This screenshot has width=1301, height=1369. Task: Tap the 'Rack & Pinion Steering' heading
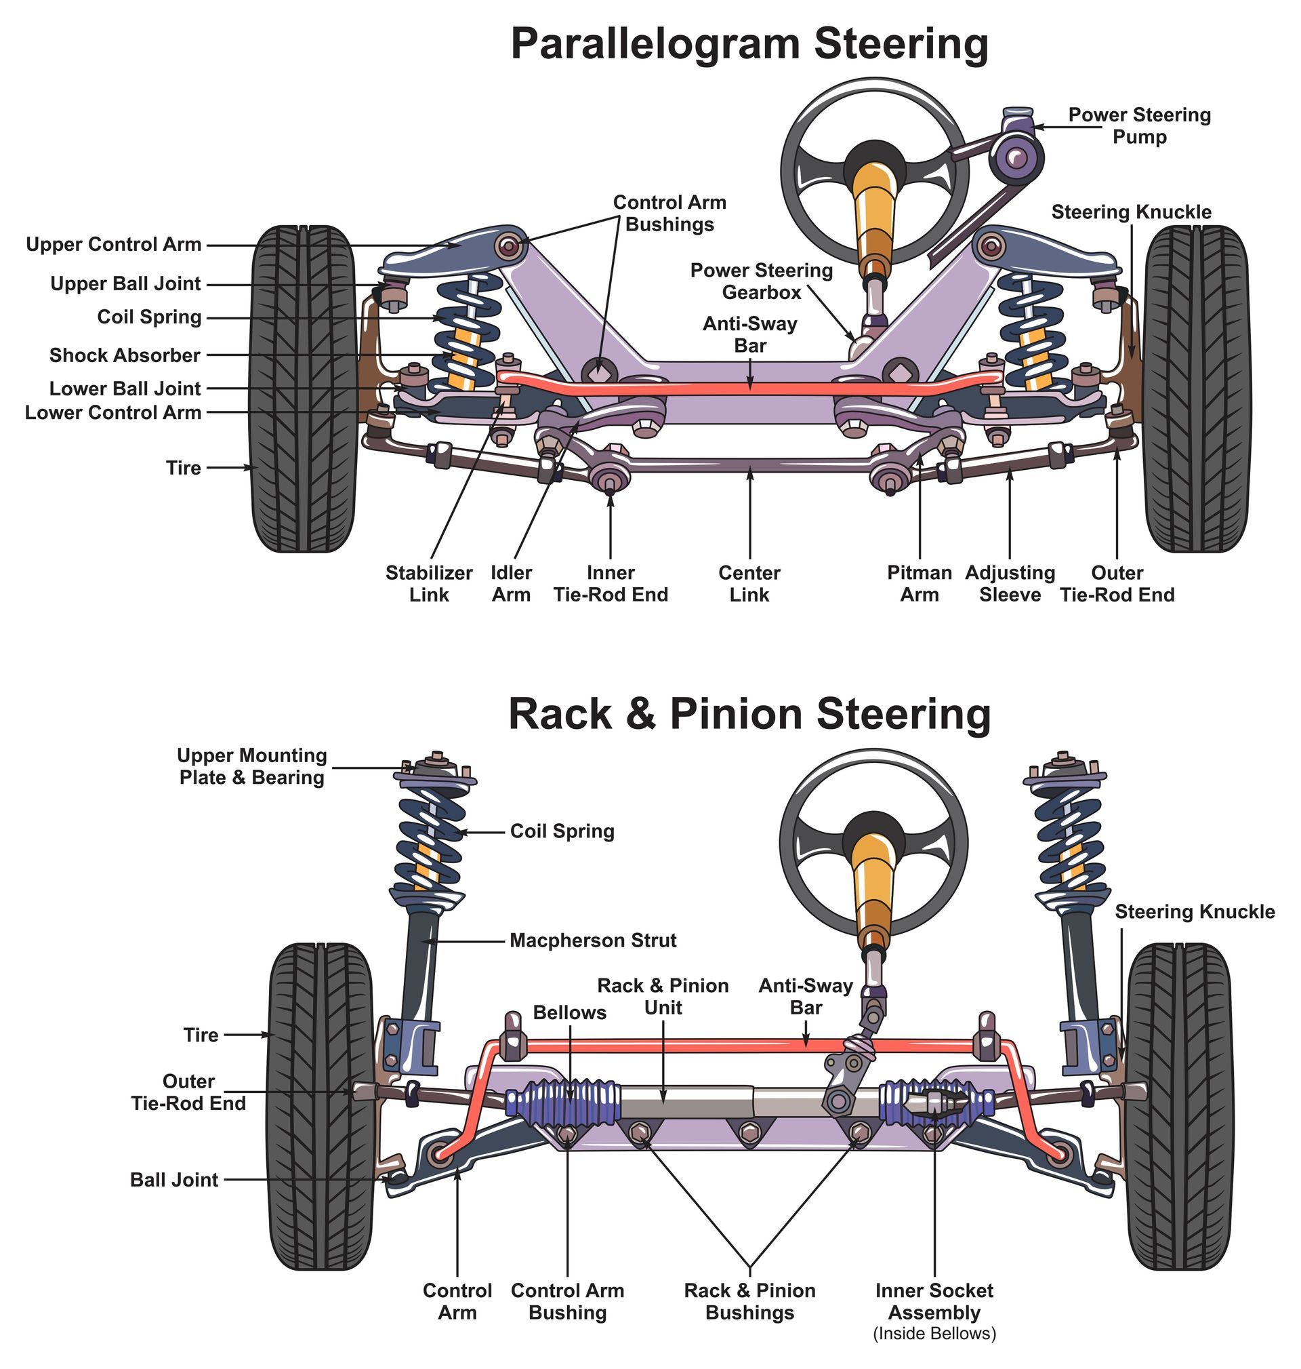coord(749,714)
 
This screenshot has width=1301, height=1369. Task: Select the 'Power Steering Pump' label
coord(1139,125)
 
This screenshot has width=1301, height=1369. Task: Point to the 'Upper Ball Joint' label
coord(125,284)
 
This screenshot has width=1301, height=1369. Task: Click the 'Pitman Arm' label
coord(919,584)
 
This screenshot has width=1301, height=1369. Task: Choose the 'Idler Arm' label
coord(511,584)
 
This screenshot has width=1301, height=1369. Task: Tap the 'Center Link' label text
coord(749,584)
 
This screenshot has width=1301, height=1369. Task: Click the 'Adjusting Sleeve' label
coord(1010,584)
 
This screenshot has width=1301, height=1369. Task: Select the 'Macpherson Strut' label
coord(593,941)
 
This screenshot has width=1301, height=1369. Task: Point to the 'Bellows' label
coord(569,1012)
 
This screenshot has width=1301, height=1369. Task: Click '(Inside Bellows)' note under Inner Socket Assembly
coord(934,1334)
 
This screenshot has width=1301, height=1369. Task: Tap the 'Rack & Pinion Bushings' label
coord(749,1302)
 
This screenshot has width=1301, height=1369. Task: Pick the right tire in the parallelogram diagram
coord(1196,389)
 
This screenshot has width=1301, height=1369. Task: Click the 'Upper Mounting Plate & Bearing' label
coord(252,766)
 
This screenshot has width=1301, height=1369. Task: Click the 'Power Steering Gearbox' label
coord(762,281)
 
